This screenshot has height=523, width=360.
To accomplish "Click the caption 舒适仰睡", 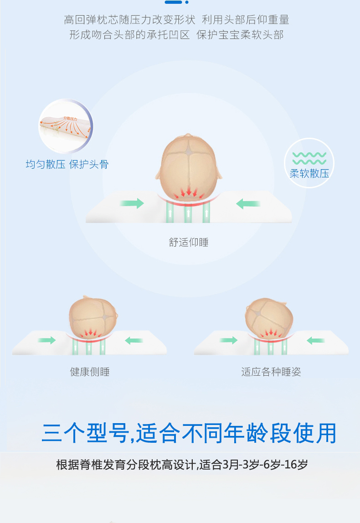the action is pyautogui.click(x=189, y=242).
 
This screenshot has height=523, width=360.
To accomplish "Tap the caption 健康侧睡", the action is pyautogui.click(x=90, y=372).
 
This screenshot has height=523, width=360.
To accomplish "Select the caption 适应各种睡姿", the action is pyautogui.click(x=271, y=372).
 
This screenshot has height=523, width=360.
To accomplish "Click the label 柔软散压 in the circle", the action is pyautogui.click(x=309, y=173).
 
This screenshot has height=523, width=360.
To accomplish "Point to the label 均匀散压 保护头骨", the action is pyautogui.click(x=67, y=164).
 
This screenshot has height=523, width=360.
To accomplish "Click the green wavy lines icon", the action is pyautogui.click(x=309, y=158).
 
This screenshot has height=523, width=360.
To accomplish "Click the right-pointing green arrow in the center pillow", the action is pyautogui.click(x=132, y=203).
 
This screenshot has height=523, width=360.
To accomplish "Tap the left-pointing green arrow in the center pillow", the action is pyautogui.click(x=248, y=204).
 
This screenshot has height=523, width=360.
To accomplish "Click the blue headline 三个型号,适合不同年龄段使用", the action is pyautogui.click(x=189, y=433).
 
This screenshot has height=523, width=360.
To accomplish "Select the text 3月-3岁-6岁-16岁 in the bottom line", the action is pyautogui.click(x=266, y=465).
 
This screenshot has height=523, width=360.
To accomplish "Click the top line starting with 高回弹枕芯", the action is pyautogui.click(x=177, y=20).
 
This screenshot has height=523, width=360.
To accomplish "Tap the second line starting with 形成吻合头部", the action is pyautogui.click(x=177, y=35).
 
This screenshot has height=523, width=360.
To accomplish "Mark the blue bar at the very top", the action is pyautogui.click(x=173, y=2).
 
